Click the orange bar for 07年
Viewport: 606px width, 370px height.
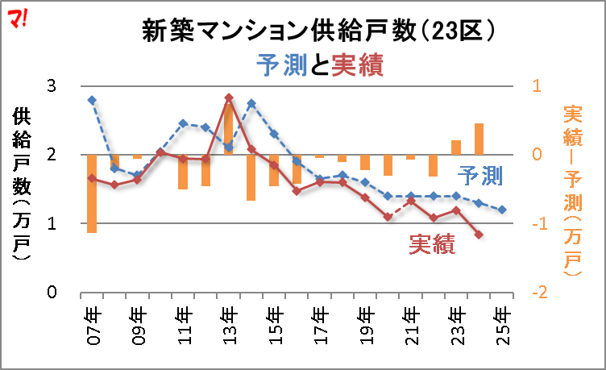92,193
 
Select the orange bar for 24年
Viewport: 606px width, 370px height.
479,139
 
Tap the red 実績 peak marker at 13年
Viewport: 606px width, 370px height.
229,98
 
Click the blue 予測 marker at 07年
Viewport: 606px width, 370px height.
92,100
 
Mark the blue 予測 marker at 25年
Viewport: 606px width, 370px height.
502,210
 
